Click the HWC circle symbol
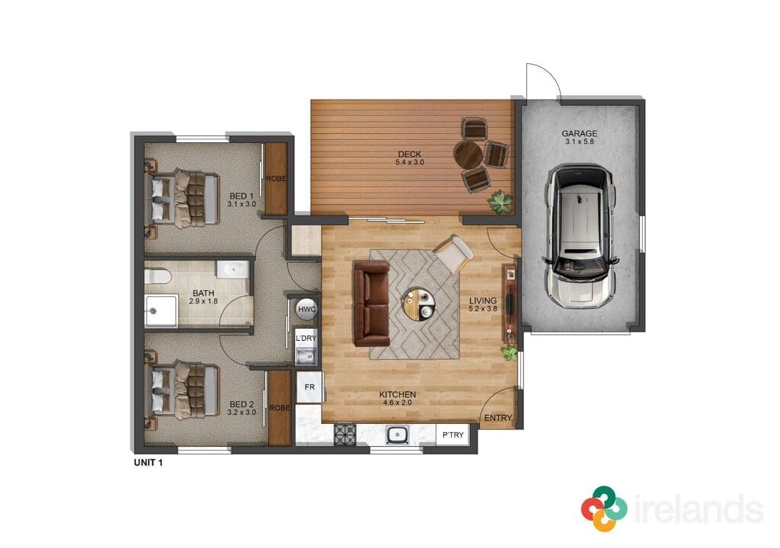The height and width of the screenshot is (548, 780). (306, 310)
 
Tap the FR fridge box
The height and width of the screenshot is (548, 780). (309, 387)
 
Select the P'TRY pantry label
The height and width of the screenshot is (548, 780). (452, 435)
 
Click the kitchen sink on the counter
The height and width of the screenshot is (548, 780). (398, 435)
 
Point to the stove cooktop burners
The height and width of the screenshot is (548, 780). (345, 435)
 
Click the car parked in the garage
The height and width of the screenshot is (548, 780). (580, 235)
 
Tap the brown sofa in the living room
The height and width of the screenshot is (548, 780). (371, 304)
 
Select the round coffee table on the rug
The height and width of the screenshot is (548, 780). (418, 304)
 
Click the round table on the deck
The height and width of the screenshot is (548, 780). (468, 156)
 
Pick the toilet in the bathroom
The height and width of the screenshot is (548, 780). (158, 276)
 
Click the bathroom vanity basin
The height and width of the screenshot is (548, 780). (232, 269)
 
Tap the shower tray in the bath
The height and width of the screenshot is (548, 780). (161, 311)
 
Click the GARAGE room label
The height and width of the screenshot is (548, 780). (580, 133)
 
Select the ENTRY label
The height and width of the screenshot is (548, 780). (498, 418)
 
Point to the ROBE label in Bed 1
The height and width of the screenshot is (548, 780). (276, 179)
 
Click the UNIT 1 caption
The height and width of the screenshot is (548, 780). (149, 463)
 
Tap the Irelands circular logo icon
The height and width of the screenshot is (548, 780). (604, 508)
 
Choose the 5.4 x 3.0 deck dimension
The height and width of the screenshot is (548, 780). (410, 162)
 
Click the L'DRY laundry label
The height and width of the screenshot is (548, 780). (306, 338)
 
